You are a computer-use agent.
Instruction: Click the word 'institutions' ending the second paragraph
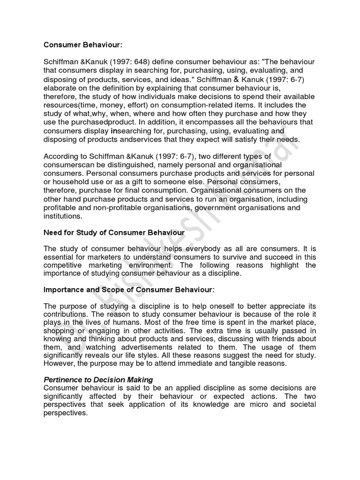coord(62,216)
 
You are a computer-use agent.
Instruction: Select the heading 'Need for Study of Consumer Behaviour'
coord(114,232)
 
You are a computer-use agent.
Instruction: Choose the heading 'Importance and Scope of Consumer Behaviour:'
coord(129,290)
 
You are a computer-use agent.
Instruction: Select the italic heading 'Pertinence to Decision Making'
coord(98,380)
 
